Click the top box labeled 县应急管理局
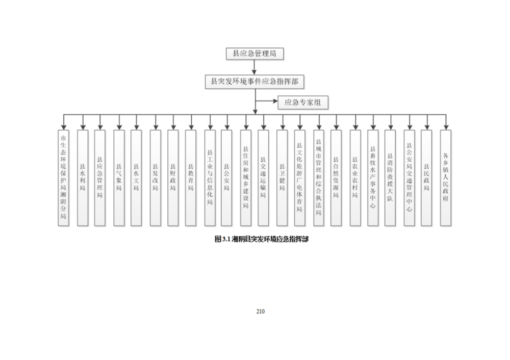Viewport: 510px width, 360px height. (254, 53)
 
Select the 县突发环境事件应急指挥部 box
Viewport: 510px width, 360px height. (254, 81)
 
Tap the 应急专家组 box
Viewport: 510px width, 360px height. (303, 102)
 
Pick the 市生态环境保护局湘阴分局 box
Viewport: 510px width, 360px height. (63, 177)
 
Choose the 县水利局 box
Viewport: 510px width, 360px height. (83, 177)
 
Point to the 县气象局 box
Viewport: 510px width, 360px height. (119, 177)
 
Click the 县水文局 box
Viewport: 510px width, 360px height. (136, 177)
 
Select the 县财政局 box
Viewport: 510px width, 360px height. (173, 177)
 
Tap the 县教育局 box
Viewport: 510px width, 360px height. (191, 177)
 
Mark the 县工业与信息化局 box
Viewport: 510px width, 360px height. (210, 177)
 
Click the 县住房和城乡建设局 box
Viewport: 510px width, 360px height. (245, 177)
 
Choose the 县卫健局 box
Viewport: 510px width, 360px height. (282, 177)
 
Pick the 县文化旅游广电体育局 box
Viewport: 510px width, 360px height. (299, 177)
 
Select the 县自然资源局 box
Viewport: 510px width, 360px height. (336, 177)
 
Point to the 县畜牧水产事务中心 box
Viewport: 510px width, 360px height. (373, 177)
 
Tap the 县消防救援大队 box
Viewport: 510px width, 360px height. (390, 177)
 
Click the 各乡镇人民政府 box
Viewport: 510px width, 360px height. (446, 177)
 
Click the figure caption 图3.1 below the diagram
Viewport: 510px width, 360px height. (262, 239)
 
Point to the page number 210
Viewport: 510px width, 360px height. (260, 312)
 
